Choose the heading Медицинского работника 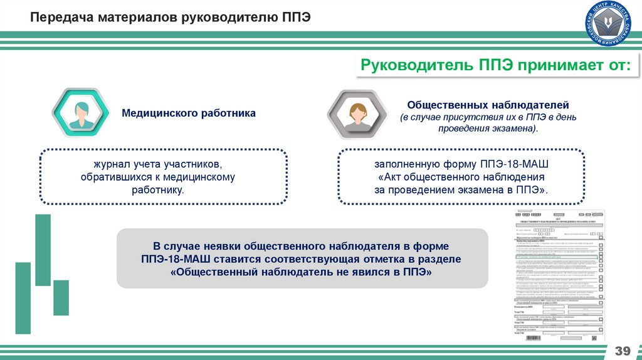[x=189, y=114]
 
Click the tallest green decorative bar [x=43, y=249]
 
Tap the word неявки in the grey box [x=223, y=246]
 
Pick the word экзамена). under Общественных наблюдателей [x=517, y=128]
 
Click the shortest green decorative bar [x=61, y=297]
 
